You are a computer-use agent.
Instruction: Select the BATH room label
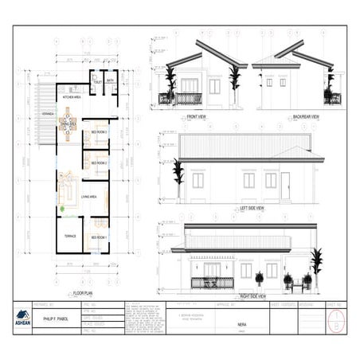110,80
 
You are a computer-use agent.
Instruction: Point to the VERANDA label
47,113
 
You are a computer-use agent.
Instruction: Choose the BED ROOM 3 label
100,132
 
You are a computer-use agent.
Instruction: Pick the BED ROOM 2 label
99,162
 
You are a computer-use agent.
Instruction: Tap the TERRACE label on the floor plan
70,237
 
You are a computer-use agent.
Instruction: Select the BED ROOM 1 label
99,237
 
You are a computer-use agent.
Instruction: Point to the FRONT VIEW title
198,117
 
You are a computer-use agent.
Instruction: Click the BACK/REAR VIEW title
305,117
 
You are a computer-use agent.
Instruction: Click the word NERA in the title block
241,326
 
